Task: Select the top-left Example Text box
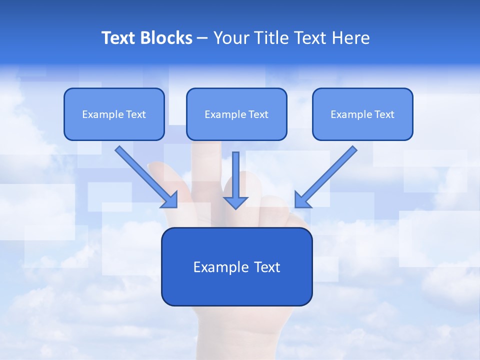tap(114, 114)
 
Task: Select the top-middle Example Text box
tap(236, 114)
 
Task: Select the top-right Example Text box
tap(362, 114)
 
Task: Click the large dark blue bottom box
tap(236, 266)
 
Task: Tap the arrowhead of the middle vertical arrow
tap(236, 202)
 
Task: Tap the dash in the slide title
tap(202, 38)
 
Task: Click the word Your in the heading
tap(230, 38)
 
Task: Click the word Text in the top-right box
tap(384, 114)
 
